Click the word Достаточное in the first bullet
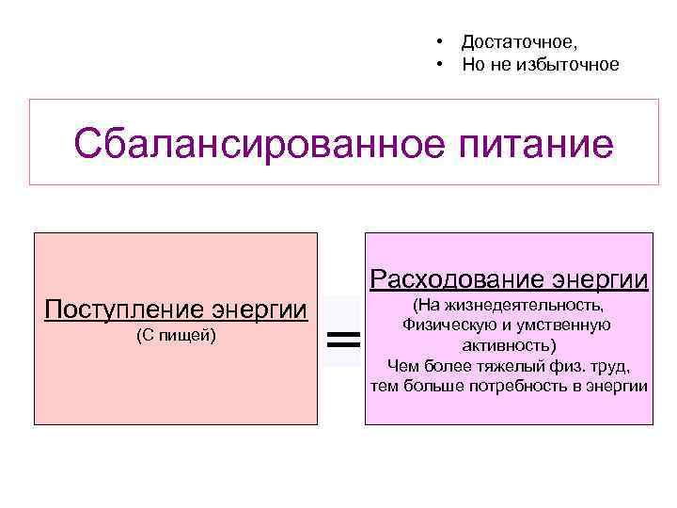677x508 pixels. pyautogui.click(x=518, y=42)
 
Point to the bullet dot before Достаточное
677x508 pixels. pyautogui.click(x=439, y=42)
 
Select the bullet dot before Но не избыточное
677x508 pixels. pyautogui.click(x=439, y=64)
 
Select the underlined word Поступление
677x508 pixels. pyautogui.click(x=125, y=310)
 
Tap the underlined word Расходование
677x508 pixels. pyautogui.click(x=455, y=279)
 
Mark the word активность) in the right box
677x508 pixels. pyautogui.click(x=508, y=345)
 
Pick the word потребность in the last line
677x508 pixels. pyautogui.click(x=536, y=386)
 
